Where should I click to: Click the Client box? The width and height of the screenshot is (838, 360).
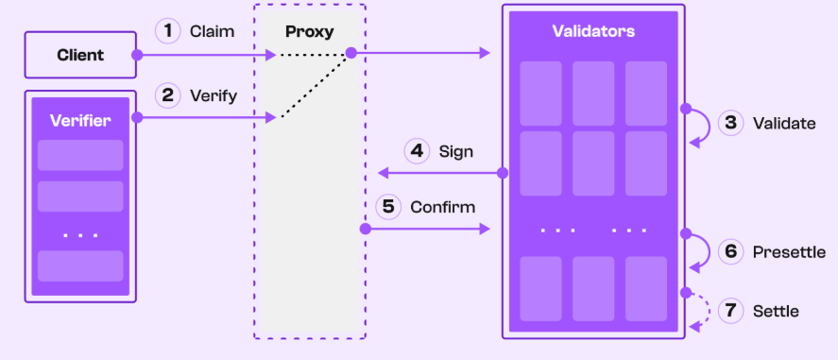pyautogui.click(x=80, y=55)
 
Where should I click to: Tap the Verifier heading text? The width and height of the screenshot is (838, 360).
pyautogui.click(x=80, y=120)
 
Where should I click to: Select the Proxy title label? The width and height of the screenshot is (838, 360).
pyautogui.click(x=310, y=31)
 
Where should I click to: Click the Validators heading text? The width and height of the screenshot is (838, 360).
pyautogui.click(x=593, y=31)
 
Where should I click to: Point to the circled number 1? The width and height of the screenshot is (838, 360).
pyautogui.click(x=168, y=31)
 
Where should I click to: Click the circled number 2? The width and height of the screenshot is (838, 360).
pyautogui.click(x=168, y=96)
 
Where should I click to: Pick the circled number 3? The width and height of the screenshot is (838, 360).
pyautogui.click(x=730, y=124)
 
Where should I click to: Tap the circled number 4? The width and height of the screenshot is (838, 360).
pyautogui.click(x=417, y=151)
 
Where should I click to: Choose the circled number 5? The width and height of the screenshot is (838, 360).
pyautogui.click(x=388, y=207)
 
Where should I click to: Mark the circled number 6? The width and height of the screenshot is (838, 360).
pyautogui.click(x=730, y=251)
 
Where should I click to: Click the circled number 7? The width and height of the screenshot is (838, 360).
pyautogui.click(x=730, y=311)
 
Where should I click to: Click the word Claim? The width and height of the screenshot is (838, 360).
pyautogui.click(x=213, y=31)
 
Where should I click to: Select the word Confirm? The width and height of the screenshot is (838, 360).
pyautogui.click(x=442, y=207)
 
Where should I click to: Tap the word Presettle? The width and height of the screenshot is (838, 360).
pyautogui.click(x=790, y=252)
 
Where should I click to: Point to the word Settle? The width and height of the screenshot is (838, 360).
pyautogui.click(x=776, y=311)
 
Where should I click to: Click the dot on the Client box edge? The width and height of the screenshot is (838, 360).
pyautogui.click(x=137, y=55)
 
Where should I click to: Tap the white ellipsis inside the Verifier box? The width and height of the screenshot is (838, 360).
pyautogui.click(x=80, y=234)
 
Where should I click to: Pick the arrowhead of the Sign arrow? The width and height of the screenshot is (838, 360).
pyautogui.click(x=383, y=173)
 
